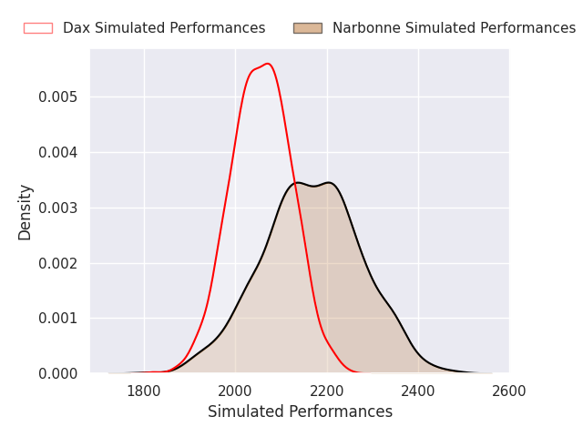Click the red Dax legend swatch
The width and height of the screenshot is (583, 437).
38,28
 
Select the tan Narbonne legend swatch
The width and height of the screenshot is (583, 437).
308,28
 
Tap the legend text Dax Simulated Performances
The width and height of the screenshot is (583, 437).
164,28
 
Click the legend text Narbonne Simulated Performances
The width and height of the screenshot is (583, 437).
454,28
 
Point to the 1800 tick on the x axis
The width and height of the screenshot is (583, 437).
144,391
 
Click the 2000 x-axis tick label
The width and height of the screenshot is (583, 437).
235,391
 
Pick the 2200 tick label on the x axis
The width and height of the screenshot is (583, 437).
327,391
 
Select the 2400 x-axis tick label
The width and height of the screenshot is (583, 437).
418,391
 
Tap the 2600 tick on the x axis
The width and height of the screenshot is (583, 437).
509,391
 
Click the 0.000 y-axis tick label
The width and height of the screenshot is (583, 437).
58,373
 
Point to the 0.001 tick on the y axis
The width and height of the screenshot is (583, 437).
58,318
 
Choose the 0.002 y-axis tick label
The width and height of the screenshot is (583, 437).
58,263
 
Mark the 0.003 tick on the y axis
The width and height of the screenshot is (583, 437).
58,208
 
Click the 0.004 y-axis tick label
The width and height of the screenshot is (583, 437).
58,152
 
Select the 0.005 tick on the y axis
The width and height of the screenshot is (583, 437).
58,97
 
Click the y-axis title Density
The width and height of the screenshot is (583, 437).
25,212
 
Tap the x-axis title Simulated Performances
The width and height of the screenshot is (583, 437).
300,412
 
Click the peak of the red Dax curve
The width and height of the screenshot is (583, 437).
268,64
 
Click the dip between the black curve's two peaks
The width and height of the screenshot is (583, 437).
314,186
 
